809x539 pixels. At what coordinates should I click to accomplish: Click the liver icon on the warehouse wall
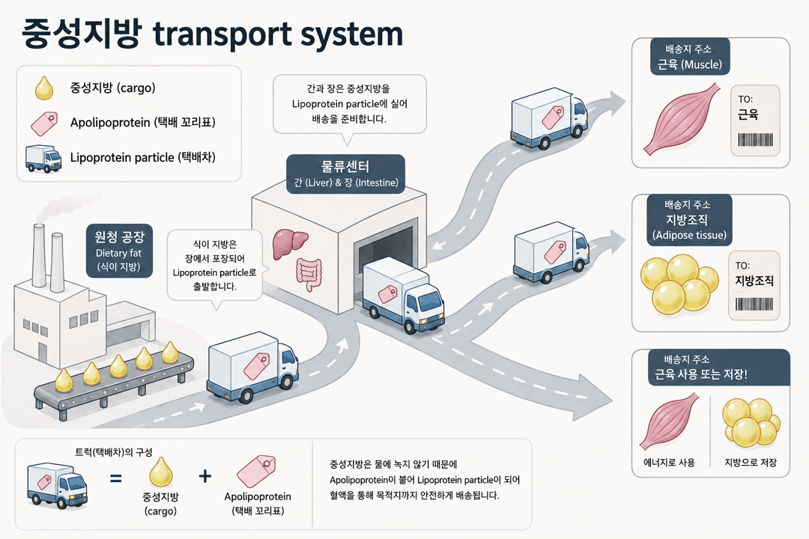pyautogui.click(x=290, y=243)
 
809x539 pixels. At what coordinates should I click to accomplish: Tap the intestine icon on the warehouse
pyautogui.click(x=309, y=275)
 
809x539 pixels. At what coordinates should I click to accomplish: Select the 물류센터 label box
pyautogui.click(x=345, y=174)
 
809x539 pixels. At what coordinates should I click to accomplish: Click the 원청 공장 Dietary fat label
pyautogui.click(x=119, y=251)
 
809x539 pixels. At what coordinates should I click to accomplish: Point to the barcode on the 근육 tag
pyautogui.click(x=755, y=140)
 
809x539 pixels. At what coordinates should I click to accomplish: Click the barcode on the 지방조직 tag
pyautogui.click(x=754, y=304)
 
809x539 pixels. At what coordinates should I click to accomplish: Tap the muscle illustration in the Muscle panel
pyautogui.click(x=681, y=118)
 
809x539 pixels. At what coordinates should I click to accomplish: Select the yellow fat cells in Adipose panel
pyautogui.click(x=679, y=284)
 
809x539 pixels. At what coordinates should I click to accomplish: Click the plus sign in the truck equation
pyautogui.click(x=204, y=475)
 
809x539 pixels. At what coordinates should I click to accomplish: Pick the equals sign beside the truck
pyautogui.click(x=116, y=478)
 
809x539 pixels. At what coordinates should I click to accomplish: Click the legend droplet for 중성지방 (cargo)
pyautogui.click(x=44, y=88)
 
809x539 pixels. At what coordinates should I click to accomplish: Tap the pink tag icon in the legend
pyautogui.click(x=44, y=124)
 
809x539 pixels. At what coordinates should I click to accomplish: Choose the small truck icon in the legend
pyautogui.click(x=43, y=159)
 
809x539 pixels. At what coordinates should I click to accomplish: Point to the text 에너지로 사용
pyautogui.click(x=669, y=463)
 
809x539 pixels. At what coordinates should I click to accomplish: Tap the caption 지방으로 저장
pyautogui.click(x=751, y=463)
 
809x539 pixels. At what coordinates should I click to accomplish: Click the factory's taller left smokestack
pyautogui.click(x=39, y=256)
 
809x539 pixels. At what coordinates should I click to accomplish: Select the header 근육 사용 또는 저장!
pyautogui.click(x=700, y=374)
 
